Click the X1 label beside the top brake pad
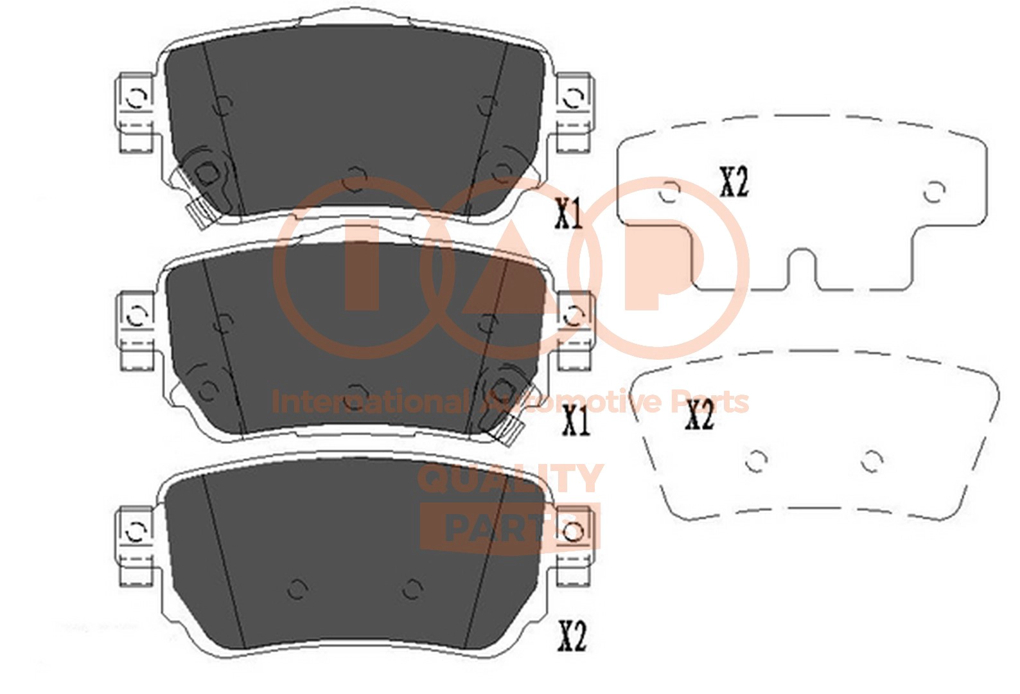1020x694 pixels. click(x=568, y=215)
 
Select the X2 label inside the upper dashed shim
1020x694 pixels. click(x=734, y=183)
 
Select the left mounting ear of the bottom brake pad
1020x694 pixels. click(x=135, y=546)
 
